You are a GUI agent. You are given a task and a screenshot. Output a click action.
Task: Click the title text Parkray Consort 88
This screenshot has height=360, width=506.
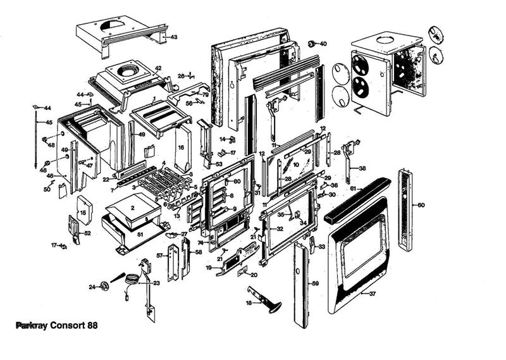pos(56,325)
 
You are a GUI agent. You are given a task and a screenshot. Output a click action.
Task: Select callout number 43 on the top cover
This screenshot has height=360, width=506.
pos(173,37)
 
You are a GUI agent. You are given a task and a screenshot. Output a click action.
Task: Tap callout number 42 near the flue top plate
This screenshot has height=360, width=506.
pos(157,68)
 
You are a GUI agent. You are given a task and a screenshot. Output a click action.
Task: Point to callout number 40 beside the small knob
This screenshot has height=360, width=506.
pos(323,44)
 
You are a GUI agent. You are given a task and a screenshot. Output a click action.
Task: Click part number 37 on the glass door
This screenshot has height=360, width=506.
pos(373,294)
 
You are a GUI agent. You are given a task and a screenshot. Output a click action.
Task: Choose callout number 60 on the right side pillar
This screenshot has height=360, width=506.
pos(421,205)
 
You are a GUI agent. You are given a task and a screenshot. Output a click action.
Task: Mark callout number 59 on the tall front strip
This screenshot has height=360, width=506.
pos(315,284)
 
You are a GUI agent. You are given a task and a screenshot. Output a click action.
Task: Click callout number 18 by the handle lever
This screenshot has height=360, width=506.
pos(249,304)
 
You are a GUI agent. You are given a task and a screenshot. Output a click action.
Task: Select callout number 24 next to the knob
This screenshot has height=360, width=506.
pos(92,287)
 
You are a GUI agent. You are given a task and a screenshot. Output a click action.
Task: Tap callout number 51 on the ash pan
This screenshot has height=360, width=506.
pos(140,233)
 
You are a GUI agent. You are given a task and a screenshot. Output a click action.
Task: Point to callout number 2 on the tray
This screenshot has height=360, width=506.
pos(133,207)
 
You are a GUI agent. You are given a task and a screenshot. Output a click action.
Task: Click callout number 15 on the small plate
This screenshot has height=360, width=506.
pos(82,213)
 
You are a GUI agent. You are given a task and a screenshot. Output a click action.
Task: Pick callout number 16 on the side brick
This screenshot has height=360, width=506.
pos(180,148)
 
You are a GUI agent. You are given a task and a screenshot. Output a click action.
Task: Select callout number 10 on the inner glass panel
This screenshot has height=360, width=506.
pos(295,165)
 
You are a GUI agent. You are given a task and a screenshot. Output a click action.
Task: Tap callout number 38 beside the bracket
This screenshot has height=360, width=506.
pos(362,168)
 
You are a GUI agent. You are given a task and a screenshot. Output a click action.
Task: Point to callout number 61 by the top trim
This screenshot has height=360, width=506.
pos(352,189)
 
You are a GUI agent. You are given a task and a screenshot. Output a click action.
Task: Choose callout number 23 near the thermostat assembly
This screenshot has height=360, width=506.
pos(156,283)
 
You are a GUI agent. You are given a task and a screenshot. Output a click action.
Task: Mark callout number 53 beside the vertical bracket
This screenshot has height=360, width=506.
pos(219,164)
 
